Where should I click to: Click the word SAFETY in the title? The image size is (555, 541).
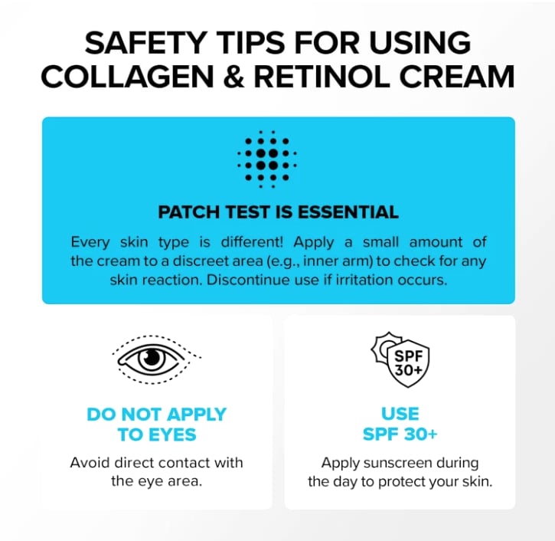145,42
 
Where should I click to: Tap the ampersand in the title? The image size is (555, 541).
234,76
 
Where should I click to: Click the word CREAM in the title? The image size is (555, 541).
456,76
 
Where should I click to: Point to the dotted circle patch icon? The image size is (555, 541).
267,159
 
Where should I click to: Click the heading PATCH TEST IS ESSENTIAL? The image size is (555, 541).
278,212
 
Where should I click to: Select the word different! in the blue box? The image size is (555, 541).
252,242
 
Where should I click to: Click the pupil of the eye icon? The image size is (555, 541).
152,357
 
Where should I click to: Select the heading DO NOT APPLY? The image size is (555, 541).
156,414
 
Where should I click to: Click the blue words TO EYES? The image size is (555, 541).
157,434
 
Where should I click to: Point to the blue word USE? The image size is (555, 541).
400,414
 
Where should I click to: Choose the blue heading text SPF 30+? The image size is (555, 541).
400,434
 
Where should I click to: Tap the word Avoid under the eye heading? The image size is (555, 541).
90,462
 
